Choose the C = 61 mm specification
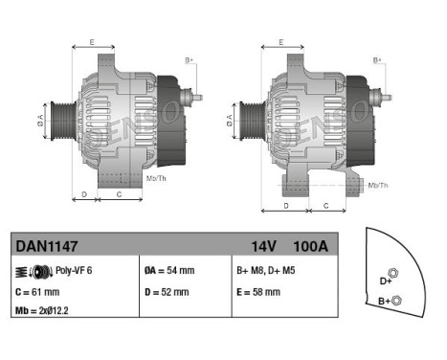pyautogui.click(x=38, y=292)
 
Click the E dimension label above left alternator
pyautogui.click(x=92, y=42)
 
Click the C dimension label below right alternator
pyautogui.click(x=325, y=205)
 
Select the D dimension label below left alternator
pyautogui.click(x=84, y=193)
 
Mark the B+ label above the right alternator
pyautogui.click(x=378, y=60)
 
